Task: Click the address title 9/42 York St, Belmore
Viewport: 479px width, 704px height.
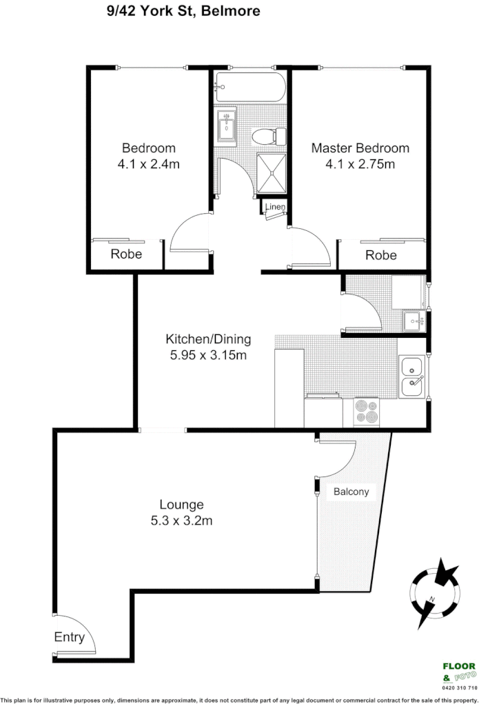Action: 180,11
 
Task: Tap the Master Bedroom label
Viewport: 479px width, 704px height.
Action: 360,148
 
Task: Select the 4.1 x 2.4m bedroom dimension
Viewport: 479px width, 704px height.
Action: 149,165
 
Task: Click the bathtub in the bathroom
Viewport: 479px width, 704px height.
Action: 249,87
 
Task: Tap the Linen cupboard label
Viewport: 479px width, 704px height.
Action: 276,207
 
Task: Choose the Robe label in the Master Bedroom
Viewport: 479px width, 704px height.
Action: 381,255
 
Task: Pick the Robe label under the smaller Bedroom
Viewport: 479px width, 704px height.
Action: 126,254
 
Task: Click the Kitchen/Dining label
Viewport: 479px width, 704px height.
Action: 208,339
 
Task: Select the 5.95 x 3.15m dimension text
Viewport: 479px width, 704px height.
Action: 208,356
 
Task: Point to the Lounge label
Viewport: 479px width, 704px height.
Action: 181,505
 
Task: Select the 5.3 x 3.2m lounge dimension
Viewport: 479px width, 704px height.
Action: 181,521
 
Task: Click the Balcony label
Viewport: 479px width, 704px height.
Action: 351,492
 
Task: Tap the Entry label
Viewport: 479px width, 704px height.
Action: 69,637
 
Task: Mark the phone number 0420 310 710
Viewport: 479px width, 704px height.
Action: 458,688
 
